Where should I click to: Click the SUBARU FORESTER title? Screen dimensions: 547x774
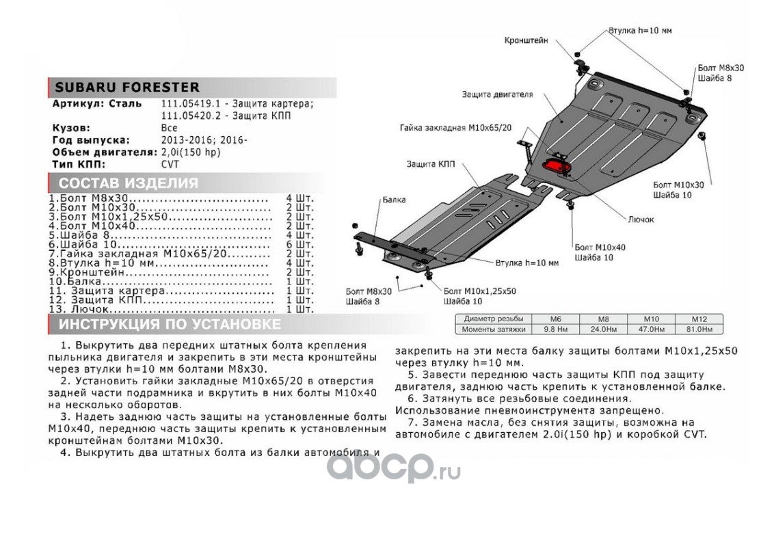coord(127,88)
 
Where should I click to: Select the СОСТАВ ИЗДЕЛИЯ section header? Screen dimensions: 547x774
coord(129,183)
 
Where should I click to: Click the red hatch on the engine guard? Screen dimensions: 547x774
coord(557,167)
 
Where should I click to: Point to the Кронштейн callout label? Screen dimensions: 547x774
coord(526,40)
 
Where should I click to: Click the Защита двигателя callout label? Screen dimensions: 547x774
coord(497,94)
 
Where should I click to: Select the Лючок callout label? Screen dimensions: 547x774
coord(641,219)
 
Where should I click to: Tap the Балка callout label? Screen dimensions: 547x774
coord(395,200)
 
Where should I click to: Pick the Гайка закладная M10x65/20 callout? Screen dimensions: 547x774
coord(456,127)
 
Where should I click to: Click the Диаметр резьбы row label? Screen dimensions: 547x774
coord(493,319)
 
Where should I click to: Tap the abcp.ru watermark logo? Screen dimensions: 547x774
coord(393,470)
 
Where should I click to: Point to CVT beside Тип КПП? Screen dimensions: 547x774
coord(170,165)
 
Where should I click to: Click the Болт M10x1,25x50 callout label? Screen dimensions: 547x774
coord(480,291)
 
